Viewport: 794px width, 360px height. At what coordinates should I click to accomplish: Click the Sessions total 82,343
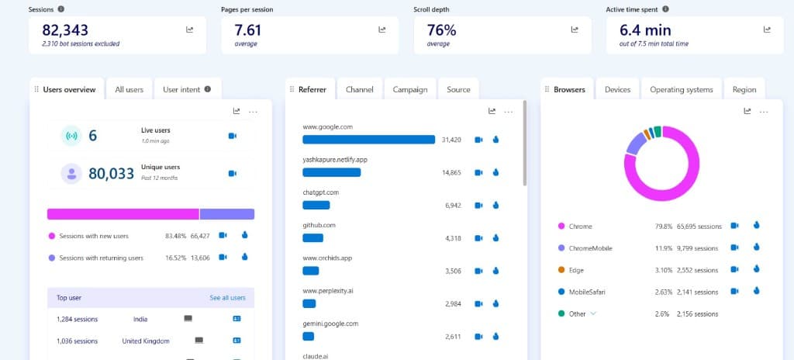point(65,30)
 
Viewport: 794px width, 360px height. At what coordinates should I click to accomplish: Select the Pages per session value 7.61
point(247,30)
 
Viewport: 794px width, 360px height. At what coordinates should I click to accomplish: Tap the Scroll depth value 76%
point(441,30)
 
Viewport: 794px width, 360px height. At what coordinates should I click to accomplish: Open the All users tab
point(129,89)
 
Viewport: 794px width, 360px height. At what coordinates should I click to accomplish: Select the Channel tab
point(360,89)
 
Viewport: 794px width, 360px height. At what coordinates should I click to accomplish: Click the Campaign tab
point(410,89)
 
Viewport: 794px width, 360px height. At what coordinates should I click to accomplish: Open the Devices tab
point(617,89)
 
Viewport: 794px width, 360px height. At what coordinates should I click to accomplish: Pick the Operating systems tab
point(681,89)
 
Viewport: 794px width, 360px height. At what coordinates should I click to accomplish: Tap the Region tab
point(744,89)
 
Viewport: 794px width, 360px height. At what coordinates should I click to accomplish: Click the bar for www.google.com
point(368,140)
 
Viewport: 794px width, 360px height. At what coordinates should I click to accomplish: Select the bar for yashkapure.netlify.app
point(331,172)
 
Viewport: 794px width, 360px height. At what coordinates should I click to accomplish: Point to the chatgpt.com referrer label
point(320,192)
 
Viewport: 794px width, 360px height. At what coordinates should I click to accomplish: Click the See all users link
point(227,298)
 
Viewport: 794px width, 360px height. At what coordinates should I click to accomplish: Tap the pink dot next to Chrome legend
point(561,227)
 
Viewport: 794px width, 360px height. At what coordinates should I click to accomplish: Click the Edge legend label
point(576,270)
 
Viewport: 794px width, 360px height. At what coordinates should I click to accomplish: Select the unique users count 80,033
point(112,174)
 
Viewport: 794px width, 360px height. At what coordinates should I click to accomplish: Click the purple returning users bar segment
point(226,214)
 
